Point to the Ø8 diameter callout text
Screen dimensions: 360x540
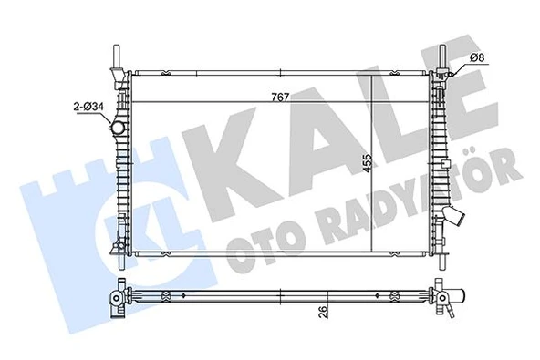click(477, 60)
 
